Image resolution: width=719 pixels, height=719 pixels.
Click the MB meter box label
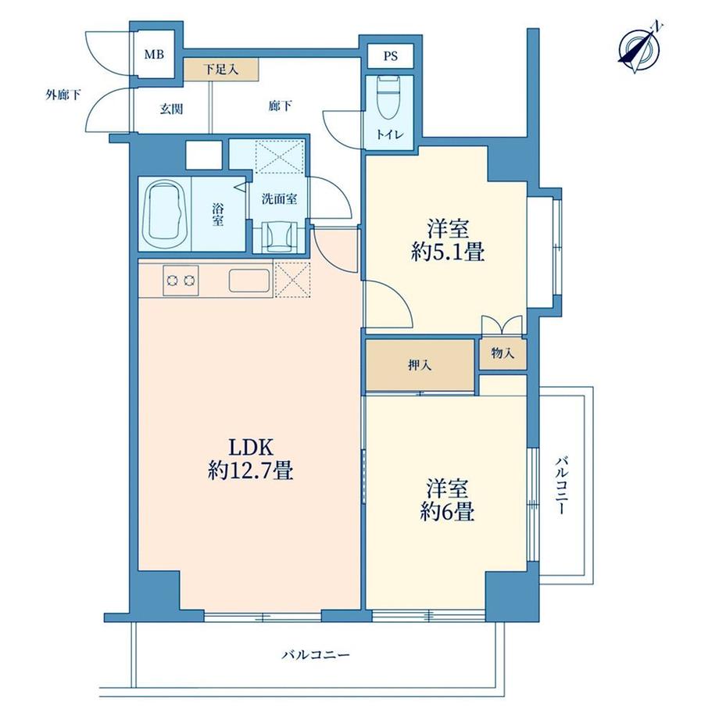[x=154, y=55]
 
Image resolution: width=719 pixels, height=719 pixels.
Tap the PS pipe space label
[x=390, y=56]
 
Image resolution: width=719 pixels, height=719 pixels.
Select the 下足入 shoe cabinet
[x=221, y=70]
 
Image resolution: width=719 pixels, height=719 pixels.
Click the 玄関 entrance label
[x=171, y=109]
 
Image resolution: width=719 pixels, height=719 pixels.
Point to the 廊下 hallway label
[x=280, y=106]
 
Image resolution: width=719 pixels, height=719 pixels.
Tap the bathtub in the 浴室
[x=165, y=215]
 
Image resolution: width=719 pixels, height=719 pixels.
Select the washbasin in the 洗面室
[x=279, y=236]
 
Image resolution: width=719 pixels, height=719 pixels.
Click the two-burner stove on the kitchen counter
[x=181, y=280]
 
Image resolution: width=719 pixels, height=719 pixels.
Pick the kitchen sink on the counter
[x=249, y=280]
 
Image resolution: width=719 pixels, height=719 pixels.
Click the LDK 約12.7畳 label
[x=251, y=459]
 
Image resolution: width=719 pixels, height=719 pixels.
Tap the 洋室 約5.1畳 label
[x=448, y=241]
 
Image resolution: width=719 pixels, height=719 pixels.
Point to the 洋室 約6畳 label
[x=448, y=500]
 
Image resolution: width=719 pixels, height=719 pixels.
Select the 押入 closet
[x=420, y=366]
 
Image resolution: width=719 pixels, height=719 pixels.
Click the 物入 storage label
[x=503, y=353]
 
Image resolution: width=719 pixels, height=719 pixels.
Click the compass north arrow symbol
[x=639, y=48]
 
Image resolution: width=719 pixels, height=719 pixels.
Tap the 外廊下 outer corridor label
[x=63, y=95]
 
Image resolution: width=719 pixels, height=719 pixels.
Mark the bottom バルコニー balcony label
[x=316, y=654]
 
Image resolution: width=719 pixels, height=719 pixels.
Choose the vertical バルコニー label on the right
[x=561, y=485]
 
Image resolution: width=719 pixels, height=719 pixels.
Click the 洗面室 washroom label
[x=279, y=199]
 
